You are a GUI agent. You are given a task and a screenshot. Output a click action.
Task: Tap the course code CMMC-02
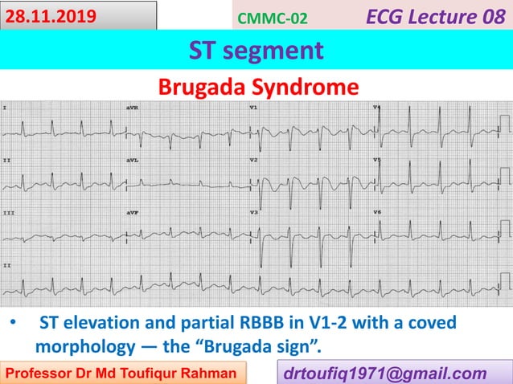click(x=273, y=18)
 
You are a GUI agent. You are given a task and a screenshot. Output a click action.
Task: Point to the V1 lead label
click(x=253, y=107)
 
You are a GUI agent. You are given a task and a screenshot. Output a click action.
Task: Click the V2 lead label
click(x=253, y=160)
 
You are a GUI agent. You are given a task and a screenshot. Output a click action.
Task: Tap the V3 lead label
click(x=253, y=212)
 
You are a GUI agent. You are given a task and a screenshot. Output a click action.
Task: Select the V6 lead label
click(x=377, y=212)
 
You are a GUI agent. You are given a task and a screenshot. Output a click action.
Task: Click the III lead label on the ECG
click(x=8, y=212)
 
